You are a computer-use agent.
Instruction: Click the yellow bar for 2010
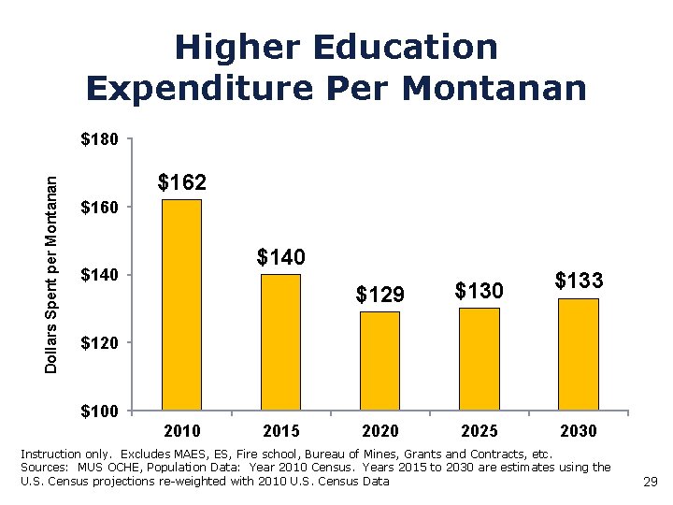click(182, 305)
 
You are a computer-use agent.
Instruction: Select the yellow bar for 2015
click(280, 342)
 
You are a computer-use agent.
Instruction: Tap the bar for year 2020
click(379, 361)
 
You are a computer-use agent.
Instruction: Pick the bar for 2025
click(480, 359)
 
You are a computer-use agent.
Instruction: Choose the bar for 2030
click(579, 353)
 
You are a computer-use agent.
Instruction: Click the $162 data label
click(182, 182)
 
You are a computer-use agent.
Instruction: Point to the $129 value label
click(379, 295)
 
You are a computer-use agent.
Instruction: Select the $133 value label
click(579, 281)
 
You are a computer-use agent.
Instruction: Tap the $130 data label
click(480, 291)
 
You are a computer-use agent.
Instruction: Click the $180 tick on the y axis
click(99, 140)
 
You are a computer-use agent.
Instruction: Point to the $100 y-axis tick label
click(99, 411)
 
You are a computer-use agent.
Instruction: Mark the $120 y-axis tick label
click(99, 344)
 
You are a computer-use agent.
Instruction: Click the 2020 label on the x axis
click(379, 431)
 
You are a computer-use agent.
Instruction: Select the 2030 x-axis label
click(579, 431)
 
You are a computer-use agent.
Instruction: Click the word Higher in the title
click(235, 47)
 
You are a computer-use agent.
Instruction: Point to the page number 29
click(652, 483)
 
